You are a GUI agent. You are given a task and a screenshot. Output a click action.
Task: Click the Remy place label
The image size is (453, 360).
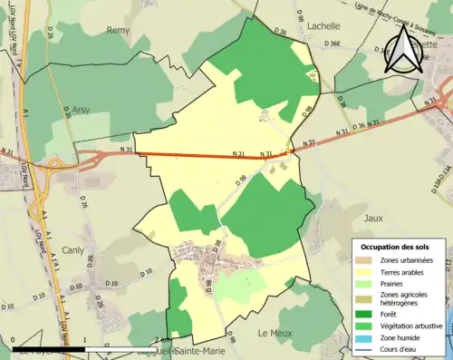click(120, 30)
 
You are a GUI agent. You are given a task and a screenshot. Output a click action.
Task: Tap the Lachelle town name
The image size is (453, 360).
click(324, 27)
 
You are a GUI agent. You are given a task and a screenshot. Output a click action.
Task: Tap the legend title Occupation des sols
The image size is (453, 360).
click(395, 247)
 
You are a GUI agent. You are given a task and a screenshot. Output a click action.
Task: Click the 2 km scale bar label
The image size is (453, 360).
click(158, 338)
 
